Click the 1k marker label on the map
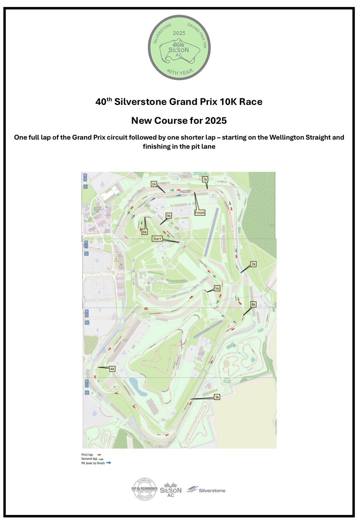(154, 184)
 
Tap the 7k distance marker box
(205, 179)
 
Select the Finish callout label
(199, 213)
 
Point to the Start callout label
(157, 238)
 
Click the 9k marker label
(169, 216)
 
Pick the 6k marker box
(144, 232)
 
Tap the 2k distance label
(253, 264)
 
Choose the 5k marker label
(217, 289)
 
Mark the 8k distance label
(253, 304)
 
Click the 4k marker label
(112, 369)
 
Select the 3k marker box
(217, 397)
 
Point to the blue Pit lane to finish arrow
(109, 463)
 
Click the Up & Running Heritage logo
(144, 490)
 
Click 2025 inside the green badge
(179, 33)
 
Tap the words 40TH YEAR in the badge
(180, 70)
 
